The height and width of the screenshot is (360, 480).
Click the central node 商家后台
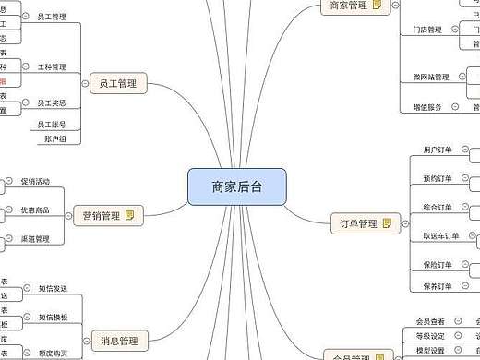tap(237, 186)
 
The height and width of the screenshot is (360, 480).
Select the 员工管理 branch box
tap(117, 84)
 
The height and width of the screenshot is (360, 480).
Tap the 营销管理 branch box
tap(98, 216)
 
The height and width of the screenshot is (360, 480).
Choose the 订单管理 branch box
tap(354, 223)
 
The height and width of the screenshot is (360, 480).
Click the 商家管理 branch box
tap(346, 6)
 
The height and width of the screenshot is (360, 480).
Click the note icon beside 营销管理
tap(130, 216)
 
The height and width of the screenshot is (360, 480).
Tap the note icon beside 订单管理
tap(387, 223)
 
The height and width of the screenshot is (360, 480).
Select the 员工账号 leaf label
tap(51, 124)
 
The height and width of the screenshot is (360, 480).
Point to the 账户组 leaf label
tap(55, 138)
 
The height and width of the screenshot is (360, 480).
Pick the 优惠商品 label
tap(35, 210)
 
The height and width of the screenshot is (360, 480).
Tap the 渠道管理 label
tap(35, 239)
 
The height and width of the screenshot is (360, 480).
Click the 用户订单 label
tap(438, 149)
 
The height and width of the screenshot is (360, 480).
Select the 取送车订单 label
tap(441, 236)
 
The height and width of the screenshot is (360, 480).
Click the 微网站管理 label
tap(431, 78)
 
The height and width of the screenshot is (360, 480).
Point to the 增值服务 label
tap(427, 107)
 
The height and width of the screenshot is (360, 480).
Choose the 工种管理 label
tap(52, 67)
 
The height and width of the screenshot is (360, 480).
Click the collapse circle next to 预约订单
tap(463, 177)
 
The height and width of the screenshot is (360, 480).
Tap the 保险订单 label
tap(438, 266)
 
